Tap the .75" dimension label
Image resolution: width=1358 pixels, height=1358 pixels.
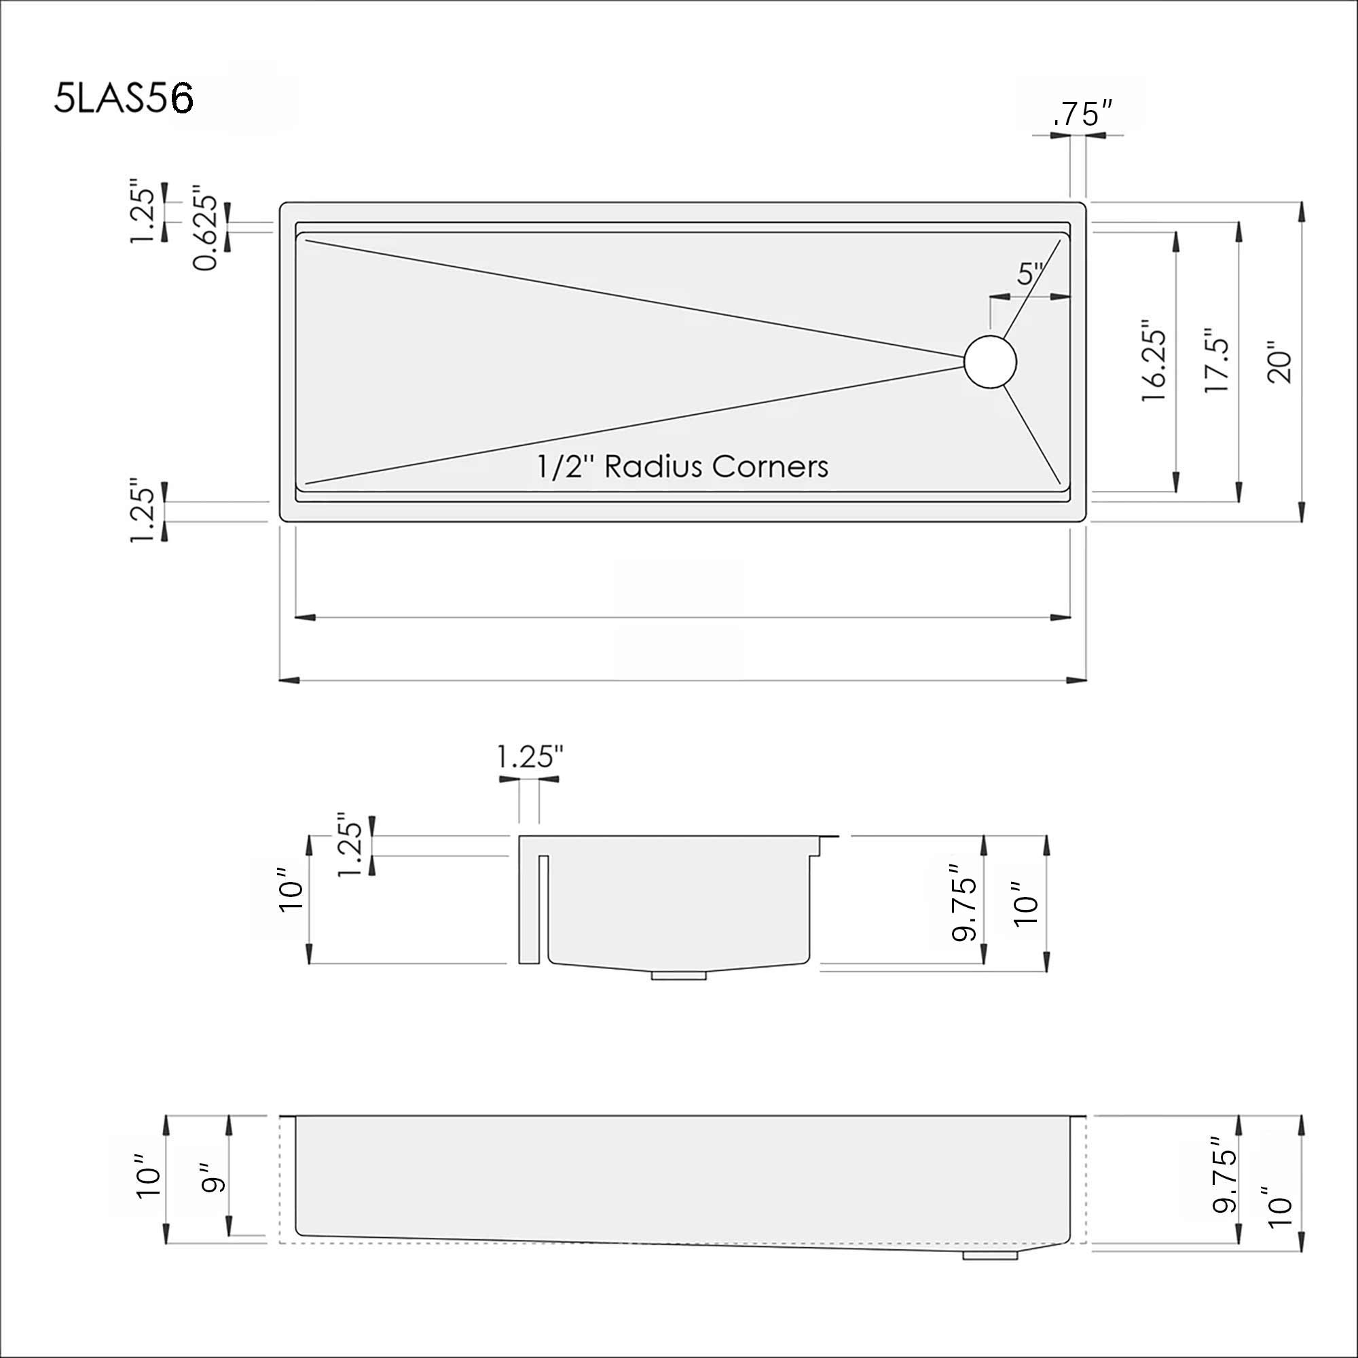[x=1083, y=115]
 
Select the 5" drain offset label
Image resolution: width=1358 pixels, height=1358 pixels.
[x=1031, y=274]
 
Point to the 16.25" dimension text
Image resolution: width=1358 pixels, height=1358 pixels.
[x=1155, y=362]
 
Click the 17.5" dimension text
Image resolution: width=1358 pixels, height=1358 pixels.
[x=1217, y=361]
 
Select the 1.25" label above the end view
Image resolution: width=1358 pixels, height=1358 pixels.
[x=530, y=758]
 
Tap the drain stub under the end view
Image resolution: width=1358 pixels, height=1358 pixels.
[x=679, y=976]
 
